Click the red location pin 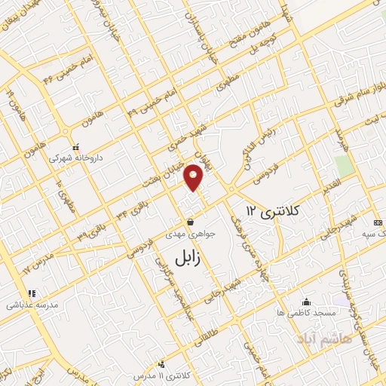tap(195, 176)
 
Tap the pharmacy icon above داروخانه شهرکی tap(74, 147)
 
